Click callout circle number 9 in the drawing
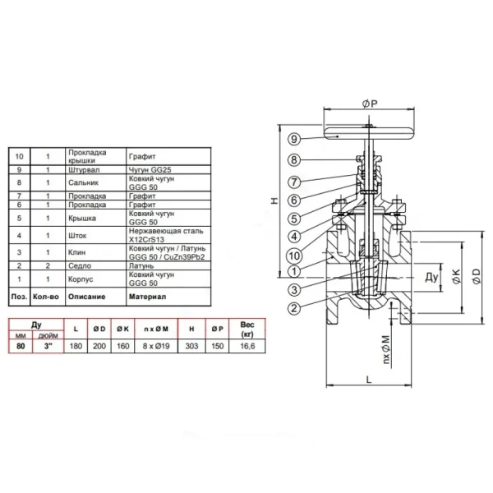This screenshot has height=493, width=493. (294, 139)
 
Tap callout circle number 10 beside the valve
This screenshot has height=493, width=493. (294, 256)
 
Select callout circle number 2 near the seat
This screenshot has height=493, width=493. (294, 308)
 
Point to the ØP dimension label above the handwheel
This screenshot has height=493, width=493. (370, 104)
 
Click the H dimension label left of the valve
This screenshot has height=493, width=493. (274, 200)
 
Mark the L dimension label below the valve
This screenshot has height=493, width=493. (369, 380)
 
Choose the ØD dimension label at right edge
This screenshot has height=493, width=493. (477, 276)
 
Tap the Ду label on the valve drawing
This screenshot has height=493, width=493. (431, 278)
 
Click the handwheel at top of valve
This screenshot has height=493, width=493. (369, 133)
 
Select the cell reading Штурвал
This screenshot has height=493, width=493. (84, 170)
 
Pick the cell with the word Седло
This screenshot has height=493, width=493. (80, 265)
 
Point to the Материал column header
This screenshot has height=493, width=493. (147, 297)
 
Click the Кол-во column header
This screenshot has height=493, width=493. (46, 297)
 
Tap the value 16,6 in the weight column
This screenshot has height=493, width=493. (247, 346)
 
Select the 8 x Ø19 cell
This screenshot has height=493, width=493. (156, 346)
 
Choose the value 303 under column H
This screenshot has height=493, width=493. (191, 346)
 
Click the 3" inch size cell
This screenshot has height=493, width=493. (48, 346)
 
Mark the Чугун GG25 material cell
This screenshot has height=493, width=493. (150, 170)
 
